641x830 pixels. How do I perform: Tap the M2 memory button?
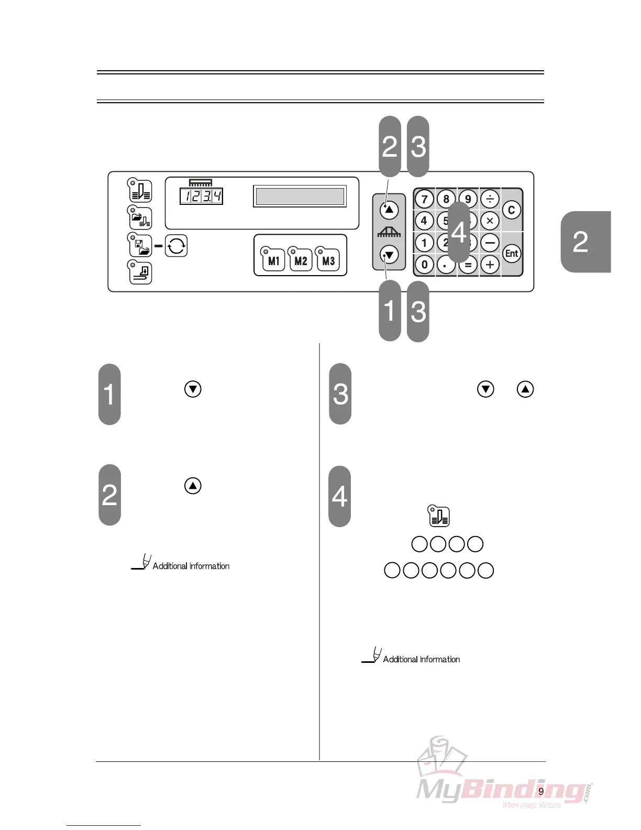click(301, 260)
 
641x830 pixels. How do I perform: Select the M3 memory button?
click(328, 260)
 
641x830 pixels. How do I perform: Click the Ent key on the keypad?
click(512, 254)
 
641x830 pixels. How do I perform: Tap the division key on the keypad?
click(490, 199)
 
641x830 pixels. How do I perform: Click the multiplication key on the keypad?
click(490, 221)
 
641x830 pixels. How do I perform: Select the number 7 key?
click(424, 199)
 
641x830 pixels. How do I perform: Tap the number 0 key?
click(424, 265)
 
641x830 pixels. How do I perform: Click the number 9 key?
click(468, 199)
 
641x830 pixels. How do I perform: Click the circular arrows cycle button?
click(176, 246)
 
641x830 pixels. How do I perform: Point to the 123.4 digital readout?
click(201, 196)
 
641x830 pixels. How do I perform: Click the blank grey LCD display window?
click(300, 196)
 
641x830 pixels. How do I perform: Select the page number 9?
click(541, 791)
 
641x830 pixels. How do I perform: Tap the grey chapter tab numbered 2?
click(585, 242)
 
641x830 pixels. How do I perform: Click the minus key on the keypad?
click(490, 243)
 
